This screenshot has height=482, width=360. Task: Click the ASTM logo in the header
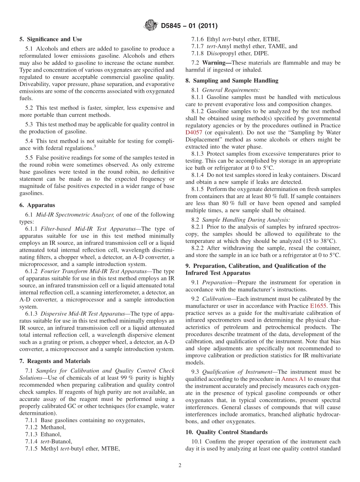coord(151,25)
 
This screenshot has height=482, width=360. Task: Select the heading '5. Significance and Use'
coord(51,39)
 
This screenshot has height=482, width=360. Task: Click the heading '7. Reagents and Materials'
coord(55,361)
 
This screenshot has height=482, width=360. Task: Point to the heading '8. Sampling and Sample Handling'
coord(232,80)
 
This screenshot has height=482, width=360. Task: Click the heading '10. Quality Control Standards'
coord(226,432)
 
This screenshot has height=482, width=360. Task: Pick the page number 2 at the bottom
coord(180,465)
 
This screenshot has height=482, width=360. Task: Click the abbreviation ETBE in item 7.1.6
coord(270,39)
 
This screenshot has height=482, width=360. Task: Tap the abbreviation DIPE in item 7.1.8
coord(261,53)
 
